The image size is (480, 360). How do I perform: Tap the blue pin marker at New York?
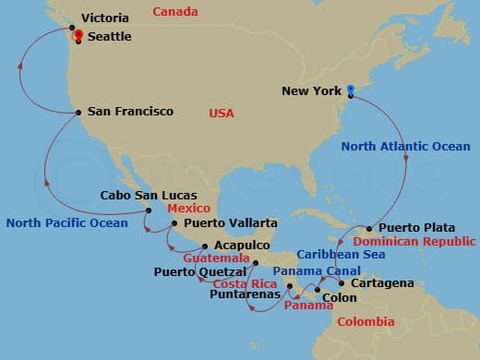[351, 90]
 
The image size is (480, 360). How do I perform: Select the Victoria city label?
[104, 18]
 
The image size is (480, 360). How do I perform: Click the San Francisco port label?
[130, 112]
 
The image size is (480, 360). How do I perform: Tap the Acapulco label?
[241, 246]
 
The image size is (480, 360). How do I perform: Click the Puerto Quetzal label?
[200, 272]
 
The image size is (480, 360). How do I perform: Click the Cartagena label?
[382, 283]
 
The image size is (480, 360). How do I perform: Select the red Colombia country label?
[365, 322]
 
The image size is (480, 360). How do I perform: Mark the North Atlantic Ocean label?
[405, 146]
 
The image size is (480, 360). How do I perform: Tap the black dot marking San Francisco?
[78, 113]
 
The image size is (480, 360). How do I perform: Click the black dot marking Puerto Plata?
[369, 228]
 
